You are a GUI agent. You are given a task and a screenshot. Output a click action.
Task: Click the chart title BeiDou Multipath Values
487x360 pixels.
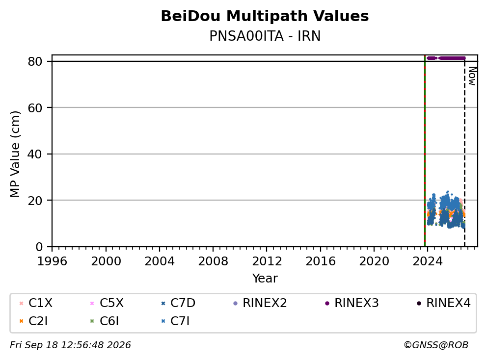tap(265, 16)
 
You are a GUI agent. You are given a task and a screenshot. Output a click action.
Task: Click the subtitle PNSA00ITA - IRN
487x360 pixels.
tap(265, 36)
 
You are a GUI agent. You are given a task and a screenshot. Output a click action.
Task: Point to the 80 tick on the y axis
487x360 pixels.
tap(35, 61)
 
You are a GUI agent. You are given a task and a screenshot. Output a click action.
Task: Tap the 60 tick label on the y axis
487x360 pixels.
tap(35, 108)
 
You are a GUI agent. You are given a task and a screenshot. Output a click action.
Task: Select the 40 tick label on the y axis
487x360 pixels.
tap(35, 154)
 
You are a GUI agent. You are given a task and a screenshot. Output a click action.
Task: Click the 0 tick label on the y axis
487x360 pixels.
tap(39, 247)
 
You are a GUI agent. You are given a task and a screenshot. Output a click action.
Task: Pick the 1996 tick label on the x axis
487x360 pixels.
tap(52, 261)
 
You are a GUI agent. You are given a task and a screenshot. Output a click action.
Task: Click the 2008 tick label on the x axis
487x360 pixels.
tap(213, 261)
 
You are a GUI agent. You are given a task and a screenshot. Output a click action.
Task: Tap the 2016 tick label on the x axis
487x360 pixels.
tap(321, 261)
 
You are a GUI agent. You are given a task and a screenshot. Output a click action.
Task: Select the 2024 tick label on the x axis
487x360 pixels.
tap(428, 261)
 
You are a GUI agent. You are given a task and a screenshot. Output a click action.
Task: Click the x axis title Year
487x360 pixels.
tap(265, 279)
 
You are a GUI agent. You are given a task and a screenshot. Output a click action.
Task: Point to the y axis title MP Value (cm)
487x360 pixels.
tap(15, 154)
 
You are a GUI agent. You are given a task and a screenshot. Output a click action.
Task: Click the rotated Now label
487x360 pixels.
tap(472, 76)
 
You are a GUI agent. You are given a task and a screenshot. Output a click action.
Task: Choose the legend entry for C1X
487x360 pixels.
tap(36, 303)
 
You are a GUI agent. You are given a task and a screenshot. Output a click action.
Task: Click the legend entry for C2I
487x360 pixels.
tap(33, 321)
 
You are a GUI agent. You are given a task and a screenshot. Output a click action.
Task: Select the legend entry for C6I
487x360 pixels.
tap(105, 321)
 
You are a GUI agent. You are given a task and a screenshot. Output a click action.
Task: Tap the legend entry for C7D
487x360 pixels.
tap(178, 303)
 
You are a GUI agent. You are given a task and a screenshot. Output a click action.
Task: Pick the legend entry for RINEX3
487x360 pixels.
tap(352, 303)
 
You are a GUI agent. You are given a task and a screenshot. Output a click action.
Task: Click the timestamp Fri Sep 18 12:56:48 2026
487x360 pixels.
tap(70, 345)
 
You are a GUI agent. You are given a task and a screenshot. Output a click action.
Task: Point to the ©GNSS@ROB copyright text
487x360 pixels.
tap(436, 345)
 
